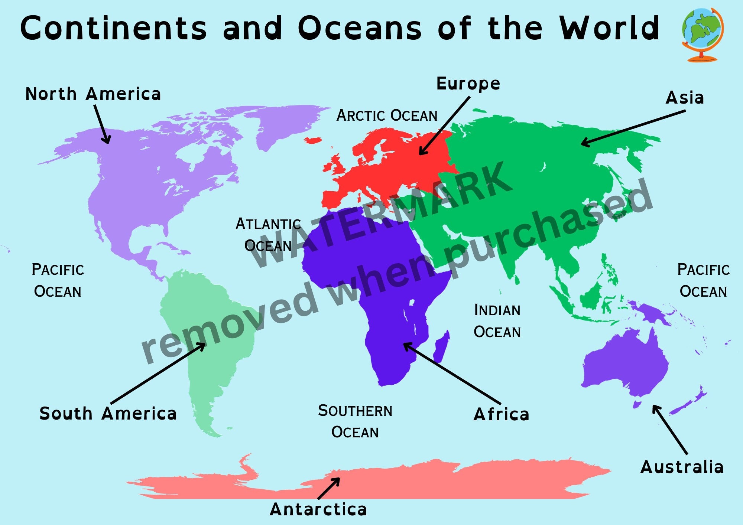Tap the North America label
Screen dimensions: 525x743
(93, 94)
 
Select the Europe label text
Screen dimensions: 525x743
(468, 84)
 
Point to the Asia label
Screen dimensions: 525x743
(685, 98)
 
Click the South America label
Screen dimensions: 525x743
(108, 414)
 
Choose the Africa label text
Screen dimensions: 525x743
(501, 414)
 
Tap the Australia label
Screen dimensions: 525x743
(682, 467)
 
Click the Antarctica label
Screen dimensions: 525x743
(318, 509)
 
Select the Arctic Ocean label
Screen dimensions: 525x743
(387, 116)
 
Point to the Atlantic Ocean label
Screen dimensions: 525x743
(268, 235)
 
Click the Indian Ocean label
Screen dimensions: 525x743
(497, 321)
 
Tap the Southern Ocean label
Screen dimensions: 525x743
(355, 421)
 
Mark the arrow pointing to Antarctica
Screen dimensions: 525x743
(329, 488)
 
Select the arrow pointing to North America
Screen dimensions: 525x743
(102, 124)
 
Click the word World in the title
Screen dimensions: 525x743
(609, 28)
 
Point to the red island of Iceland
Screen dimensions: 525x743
(312, 140)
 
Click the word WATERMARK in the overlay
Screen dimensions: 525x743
(379, 215)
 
